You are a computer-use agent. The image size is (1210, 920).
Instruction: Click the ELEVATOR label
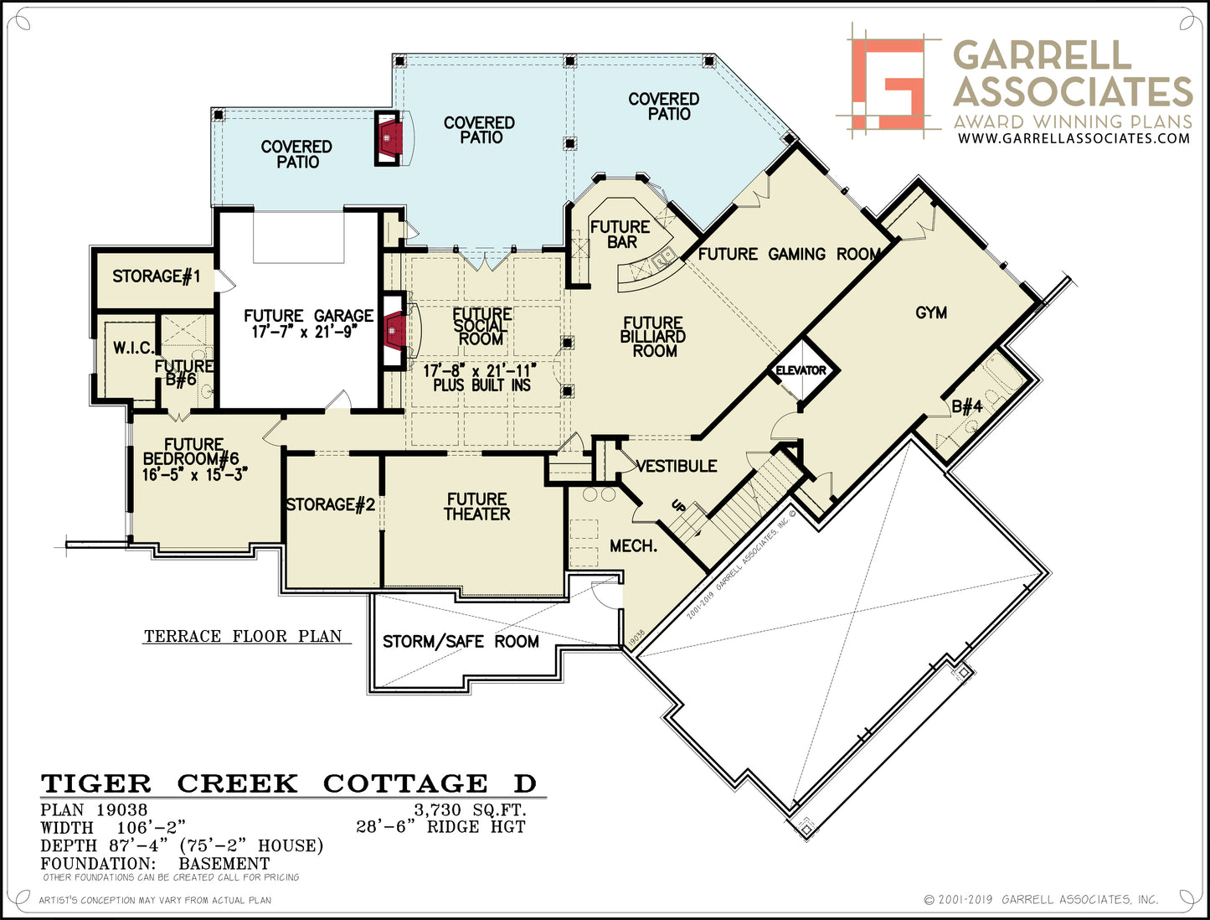(x=801, y=370)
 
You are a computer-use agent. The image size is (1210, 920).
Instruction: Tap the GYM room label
(x=931, y=313)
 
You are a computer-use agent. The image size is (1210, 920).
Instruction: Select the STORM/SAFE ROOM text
(x=461, y=642)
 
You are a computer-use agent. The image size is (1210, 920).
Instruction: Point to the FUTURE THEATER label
(x=476, y=506)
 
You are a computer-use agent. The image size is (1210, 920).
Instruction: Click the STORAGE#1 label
(x=156, y=276)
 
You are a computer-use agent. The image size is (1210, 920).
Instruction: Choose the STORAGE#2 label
(x=331, y=504)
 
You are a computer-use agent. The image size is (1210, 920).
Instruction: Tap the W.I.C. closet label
(x=133, y=348)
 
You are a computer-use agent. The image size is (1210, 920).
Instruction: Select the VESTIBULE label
(x=677, y=466)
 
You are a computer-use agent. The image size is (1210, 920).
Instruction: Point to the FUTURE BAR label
(x=620, y=235)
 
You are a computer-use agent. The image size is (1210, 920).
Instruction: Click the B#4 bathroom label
(x=967, y=406)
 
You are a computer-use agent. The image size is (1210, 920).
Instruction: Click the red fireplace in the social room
(x=395, y=331)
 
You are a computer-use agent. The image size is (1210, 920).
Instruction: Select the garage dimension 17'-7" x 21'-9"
(x=305, y=332)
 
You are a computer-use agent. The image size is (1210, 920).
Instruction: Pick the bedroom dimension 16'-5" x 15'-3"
(x=194, y=474)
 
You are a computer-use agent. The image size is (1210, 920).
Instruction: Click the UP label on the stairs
(x=678, y=505)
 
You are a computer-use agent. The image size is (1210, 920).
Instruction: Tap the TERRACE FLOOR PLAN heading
(x=243, y=636)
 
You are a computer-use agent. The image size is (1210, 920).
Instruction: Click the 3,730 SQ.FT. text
(x=471, y=809)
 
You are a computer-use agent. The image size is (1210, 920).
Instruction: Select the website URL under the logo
(x=1074, y=138)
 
